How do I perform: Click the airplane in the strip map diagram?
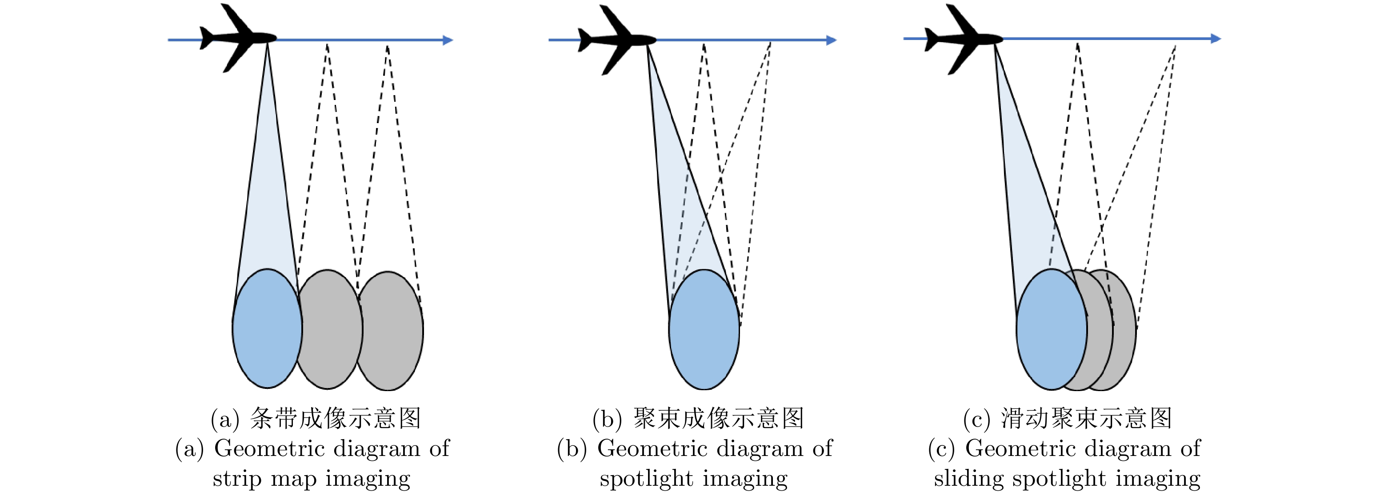pos(236,38)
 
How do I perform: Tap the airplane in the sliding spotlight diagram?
pos(962,39)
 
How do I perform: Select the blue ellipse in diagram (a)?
pos(267,329)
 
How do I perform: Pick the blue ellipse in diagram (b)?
pos(704,330)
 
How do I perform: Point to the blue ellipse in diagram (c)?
pos(1051,330)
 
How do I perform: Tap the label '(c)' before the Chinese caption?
pos(976,419)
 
